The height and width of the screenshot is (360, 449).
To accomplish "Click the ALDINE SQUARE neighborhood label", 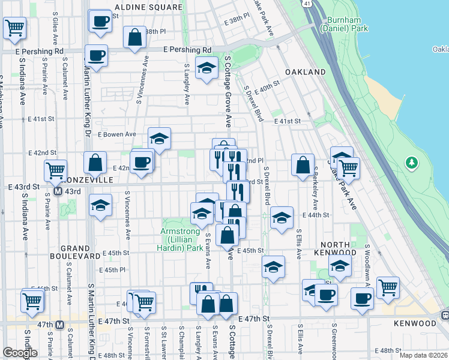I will (x=148, y=7).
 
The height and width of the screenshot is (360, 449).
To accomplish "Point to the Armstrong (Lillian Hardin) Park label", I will (x=182, y=239).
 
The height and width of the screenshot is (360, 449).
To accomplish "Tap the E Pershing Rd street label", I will (x=187, y=50).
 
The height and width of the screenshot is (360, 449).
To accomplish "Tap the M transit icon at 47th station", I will (x=59, y=325).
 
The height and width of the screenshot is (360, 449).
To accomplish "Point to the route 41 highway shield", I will (x=307, y=4).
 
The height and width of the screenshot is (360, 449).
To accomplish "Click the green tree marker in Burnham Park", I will (x=412, y=162).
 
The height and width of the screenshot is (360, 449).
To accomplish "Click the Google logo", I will (x=20, y=353).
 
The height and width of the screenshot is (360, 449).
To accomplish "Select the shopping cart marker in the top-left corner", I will (x=14, y=27).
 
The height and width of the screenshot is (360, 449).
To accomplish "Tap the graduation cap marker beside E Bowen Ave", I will (x=159, y=138).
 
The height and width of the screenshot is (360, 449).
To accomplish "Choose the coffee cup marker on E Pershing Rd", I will (x=96, y=56).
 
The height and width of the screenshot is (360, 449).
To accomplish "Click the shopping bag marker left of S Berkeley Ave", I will (x=303, y=164).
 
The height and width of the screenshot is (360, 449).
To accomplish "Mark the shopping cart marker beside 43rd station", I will (x=55, y=170).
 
